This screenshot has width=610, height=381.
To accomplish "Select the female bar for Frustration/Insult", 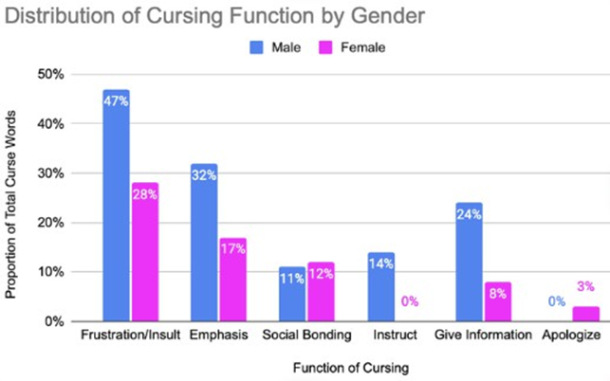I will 145,252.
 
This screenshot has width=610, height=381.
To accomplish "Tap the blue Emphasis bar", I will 204,243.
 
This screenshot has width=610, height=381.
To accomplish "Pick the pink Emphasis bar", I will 232,280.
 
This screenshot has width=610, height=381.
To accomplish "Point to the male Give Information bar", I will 468,262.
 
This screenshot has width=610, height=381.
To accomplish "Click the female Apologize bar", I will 585,314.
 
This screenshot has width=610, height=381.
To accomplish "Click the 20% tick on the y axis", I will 50,223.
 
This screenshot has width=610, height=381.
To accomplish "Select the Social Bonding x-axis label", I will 305,336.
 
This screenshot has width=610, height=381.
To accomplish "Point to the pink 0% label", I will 409,302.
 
